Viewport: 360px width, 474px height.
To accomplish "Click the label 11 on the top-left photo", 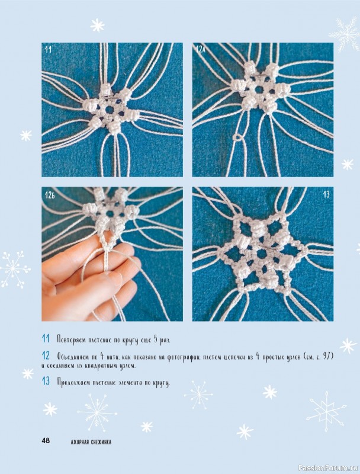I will pos(48,50).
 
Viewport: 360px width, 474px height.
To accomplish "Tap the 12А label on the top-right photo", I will pos(200,50).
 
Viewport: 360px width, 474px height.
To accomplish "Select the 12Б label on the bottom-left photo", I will pos(50,195).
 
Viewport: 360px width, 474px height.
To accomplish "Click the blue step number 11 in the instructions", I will pos(46,340).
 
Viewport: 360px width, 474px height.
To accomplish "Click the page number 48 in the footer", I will pos(46,441).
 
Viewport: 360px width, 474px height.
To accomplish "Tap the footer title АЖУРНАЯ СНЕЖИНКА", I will pos(91,441).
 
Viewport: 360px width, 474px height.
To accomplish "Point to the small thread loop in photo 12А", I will pos(237,137).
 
